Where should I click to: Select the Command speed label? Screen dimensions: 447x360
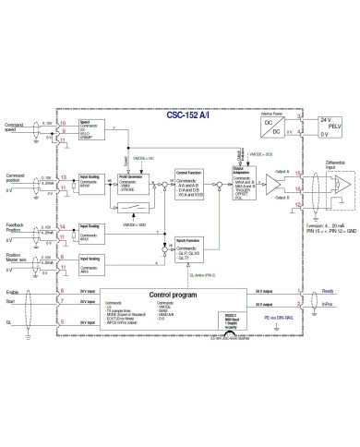14,127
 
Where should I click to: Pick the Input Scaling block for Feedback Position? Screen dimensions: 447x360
91,230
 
